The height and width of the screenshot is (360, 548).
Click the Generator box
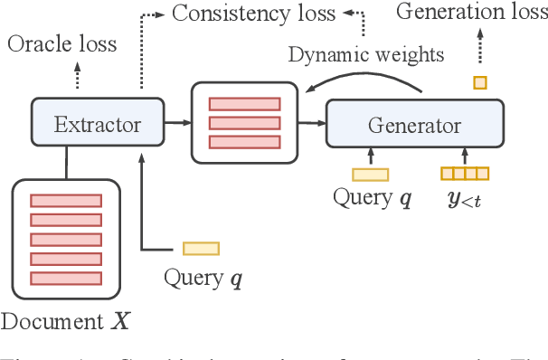pos(413,124)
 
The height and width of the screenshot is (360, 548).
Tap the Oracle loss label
pos(62,43)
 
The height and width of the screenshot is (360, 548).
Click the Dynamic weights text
pos(366,55)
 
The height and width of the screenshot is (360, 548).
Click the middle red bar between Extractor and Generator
pos(244,121)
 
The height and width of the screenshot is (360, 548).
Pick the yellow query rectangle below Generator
pos(371,175)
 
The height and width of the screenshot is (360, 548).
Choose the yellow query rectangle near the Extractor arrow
pos(201,248)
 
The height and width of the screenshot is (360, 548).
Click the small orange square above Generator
pos(480,82)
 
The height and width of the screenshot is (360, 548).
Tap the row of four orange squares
pos(464,174)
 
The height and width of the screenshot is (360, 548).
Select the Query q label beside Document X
pos(204,277)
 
